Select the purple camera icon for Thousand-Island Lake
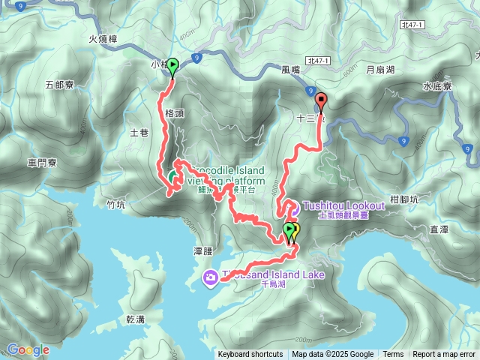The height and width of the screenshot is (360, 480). (211, 278)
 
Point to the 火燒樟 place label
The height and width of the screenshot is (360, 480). (103, 40)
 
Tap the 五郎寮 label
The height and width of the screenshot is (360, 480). (60, 85)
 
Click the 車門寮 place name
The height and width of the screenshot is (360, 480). (43, 162)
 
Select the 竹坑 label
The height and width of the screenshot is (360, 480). (115, 203)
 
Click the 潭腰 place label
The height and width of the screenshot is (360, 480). (204, 251)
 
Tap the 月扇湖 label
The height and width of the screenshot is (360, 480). (380, 70)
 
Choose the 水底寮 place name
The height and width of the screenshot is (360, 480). (437, 86)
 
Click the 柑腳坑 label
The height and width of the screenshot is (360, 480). (406, 199)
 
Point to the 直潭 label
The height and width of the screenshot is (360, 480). (439, 228)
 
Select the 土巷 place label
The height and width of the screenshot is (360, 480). (139, 133)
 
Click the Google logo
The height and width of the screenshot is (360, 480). (28, 349)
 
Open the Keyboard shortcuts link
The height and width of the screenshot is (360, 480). (250, 355)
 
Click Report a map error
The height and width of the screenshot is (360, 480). (444, 355)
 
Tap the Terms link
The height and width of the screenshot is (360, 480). (393, 355)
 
